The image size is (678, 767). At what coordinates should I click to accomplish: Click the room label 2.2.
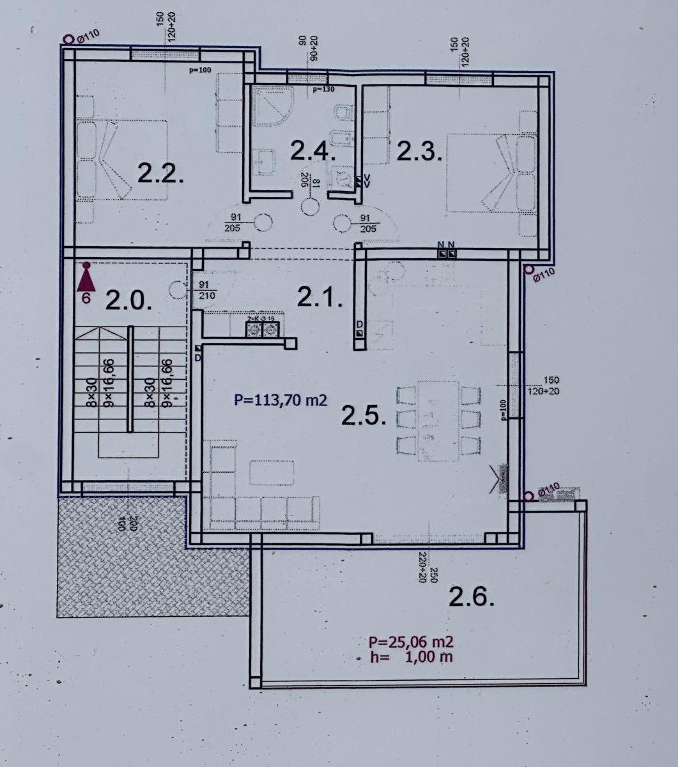click(x=161, y=173)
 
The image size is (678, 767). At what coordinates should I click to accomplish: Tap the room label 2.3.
click(x=419, y=152)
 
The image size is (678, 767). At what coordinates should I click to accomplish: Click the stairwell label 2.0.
click(x=128, y=300)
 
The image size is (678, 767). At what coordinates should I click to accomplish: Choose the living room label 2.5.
click(x=364, y=416)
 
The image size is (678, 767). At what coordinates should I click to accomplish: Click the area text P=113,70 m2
click(x=281, y=401)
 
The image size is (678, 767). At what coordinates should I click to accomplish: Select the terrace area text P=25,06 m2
click(x=411, y=642)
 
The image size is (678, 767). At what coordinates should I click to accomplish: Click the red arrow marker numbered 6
click(x=86, y=281)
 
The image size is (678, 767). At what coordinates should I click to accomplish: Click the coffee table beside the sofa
click(x=272, y=473)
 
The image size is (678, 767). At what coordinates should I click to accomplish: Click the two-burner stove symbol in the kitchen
click(x=263, y=329)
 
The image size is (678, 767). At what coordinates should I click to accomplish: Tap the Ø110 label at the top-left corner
click(x=88, y=37)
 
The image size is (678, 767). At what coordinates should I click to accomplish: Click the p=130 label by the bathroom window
click(x=323, y=89)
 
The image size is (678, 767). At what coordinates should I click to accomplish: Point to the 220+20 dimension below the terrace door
click(x=422, y=567)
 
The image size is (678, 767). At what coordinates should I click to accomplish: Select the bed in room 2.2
click(x=121, y=159)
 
